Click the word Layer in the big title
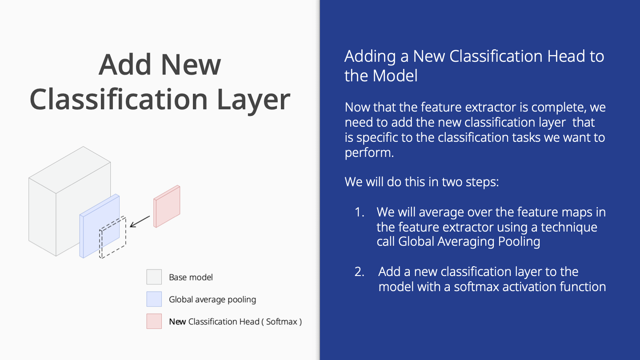pos(254,100)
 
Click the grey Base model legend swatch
pos(154,277)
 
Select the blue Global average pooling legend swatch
pos(154,299)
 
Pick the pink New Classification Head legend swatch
pos(154,321)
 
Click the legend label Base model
pos(191,277)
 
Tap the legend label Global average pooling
pos(212,300)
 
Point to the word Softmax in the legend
pos(282,322)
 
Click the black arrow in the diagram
pos(140,222)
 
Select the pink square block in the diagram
pos(167,206)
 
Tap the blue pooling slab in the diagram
pos(100,226)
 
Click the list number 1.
pos(360,212)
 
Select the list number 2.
pos(360,272)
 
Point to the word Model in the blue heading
pos(395,76)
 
